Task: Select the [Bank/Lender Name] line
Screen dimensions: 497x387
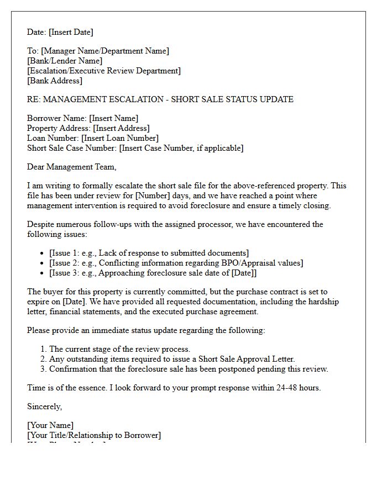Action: (x=64, y=61)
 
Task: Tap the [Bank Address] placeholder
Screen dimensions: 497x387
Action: (x=54, y=81)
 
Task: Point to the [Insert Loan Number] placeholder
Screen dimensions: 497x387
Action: (x=120, y=138)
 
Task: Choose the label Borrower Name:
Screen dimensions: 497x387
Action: (x=57, y=118)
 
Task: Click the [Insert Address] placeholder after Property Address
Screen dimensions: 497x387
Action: (x=121, y=128)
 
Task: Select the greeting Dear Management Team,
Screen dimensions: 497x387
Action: (x=72, y=167)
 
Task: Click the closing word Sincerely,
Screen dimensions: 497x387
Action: (x=45, y=406)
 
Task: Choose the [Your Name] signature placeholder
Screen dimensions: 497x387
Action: (x=50, y=425)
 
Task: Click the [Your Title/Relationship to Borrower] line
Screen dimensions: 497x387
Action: (x=94, y=435)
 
